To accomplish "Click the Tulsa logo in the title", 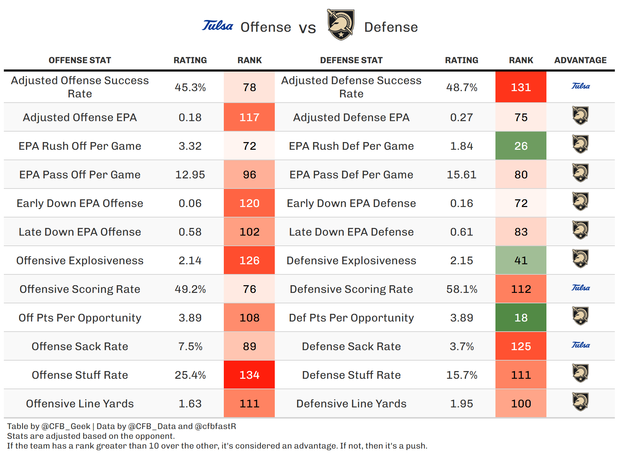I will (217, 26).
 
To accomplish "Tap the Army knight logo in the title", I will (340, 25).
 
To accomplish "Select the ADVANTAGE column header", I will (580, 60).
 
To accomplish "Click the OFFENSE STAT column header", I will (80, 60).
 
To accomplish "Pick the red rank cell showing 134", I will (249, 375).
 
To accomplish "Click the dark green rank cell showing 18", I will (521, 318).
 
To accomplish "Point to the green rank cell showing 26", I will (521, 146).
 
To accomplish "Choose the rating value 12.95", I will (190, 175).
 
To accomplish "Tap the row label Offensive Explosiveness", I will (80, 260).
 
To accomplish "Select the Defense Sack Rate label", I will (351, 346).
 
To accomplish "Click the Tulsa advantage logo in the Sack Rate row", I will (580, 345).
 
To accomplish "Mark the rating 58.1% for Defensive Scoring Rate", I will (462, 289).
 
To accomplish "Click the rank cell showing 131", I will (521, 87).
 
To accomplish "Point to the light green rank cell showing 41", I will (521, 260).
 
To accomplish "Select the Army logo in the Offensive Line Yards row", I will (580, 402).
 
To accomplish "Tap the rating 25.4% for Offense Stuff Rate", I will (190, 375).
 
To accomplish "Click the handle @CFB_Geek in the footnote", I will (66, 426).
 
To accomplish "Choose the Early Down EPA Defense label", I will (351, 203).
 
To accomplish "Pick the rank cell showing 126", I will (249, 260).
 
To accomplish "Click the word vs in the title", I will (307, 28).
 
